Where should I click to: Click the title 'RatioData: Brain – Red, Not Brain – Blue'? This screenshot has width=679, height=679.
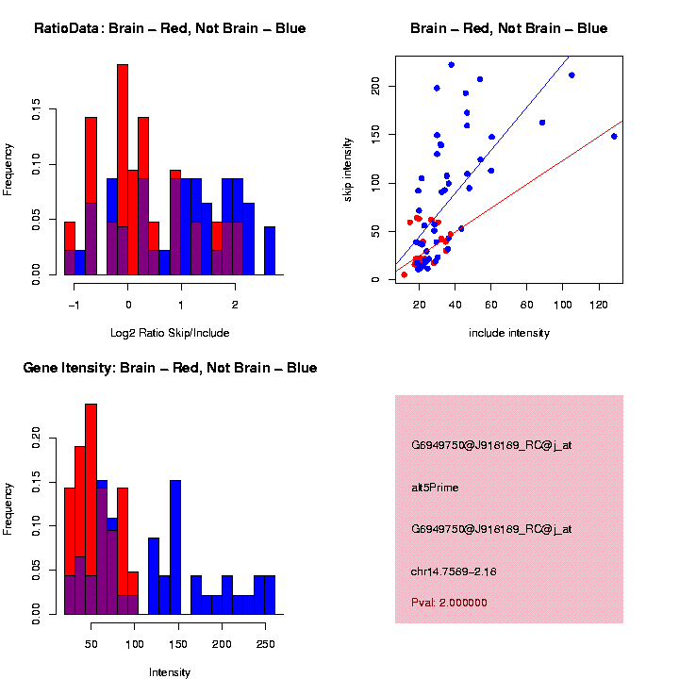(x=170, y=28)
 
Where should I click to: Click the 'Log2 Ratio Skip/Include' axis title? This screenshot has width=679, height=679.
(x=170, y=332)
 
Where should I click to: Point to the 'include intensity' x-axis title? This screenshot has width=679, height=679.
(x=508, y=333)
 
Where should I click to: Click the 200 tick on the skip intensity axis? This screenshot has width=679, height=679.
(x=375, y=87)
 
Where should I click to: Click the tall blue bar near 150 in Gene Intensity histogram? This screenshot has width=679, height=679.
(x=174, y=547)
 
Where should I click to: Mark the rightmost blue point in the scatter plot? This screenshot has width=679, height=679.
(x=614, y=136)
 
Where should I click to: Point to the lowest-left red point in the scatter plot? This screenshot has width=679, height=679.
(x=405, y=274)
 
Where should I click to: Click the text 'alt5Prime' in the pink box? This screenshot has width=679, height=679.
(x=435, y=488)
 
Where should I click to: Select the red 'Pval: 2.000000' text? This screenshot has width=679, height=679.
(x=449, y=603)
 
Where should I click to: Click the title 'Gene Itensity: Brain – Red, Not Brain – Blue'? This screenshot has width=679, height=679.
(x=170, y=368)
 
